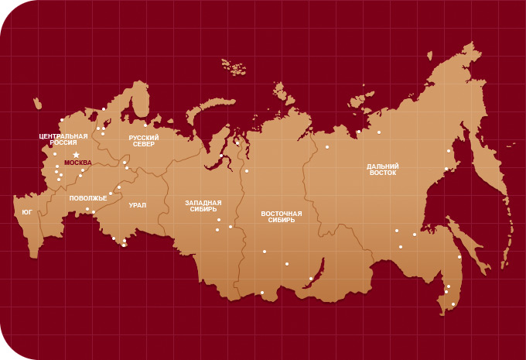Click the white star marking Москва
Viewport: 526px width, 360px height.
[76, 155]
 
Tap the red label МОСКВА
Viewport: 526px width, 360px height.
[77, 163]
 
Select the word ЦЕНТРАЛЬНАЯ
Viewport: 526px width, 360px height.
[63, 136]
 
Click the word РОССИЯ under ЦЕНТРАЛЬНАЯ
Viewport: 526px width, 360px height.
[63, 142]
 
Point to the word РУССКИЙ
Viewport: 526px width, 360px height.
[144, 137]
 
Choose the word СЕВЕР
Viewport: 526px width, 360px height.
[144, 144]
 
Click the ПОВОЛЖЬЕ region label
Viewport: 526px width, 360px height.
[88, 198]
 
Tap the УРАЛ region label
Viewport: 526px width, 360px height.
[138, 205]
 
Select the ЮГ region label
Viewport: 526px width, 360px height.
[27, 211]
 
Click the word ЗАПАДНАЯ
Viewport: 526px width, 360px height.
[203, 203]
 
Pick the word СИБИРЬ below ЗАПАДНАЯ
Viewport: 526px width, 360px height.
[203, 209]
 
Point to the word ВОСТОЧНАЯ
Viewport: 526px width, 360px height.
[282, 213]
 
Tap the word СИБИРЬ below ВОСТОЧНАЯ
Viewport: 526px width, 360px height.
[282, 220]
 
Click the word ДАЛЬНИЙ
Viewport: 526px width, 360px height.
[383, 166]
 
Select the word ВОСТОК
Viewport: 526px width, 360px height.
[383, 173]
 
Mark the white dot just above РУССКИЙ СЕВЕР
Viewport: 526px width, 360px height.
[145, 125]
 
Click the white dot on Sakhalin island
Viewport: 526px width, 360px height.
[459, 257]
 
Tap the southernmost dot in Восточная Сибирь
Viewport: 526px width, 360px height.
[262, 293]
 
